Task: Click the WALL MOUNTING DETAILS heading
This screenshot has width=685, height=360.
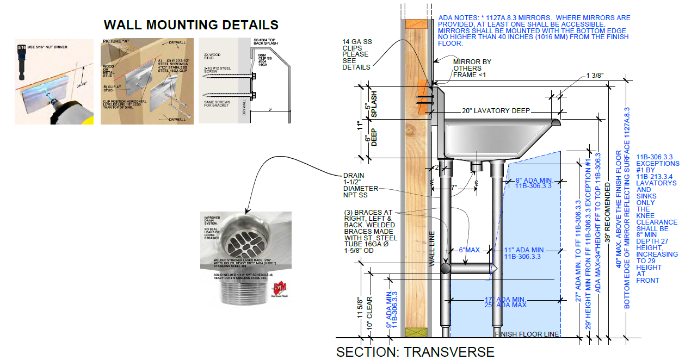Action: point(191,25)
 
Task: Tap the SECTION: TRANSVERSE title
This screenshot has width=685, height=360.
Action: point(415,352)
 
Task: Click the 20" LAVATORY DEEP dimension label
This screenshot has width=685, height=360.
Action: point(496,111)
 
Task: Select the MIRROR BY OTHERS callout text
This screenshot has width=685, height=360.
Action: point(472,68)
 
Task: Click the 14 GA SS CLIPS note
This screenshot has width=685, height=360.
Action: point(356,54)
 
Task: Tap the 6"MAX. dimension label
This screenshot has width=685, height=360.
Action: point(469,250)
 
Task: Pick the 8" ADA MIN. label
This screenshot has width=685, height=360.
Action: point(534,179)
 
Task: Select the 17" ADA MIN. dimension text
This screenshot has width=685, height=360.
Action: point(505,300)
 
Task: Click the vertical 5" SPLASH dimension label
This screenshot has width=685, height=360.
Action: point(372,103)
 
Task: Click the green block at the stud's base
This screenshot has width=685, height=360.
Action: point(416,332)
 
